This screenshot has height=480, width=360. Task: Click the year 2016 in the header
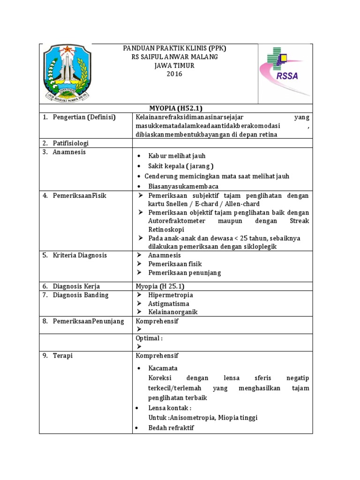(x=174, y=74)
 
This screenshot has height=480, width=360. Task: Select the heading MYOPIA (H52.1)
(x=175, y=108)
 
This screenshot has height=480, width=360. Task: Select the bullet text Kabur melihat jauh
(x=177, y=156)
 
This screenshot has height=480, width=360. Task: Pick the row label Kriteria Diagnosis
(x=80, y=255)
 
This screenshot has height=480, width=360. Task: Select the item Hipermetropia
(x=170, y=295)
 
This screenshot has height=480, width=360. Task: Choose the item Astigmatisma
(x=168, y=304)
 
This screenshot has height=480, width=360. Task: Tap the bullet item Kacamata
(x=163, y=368)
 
